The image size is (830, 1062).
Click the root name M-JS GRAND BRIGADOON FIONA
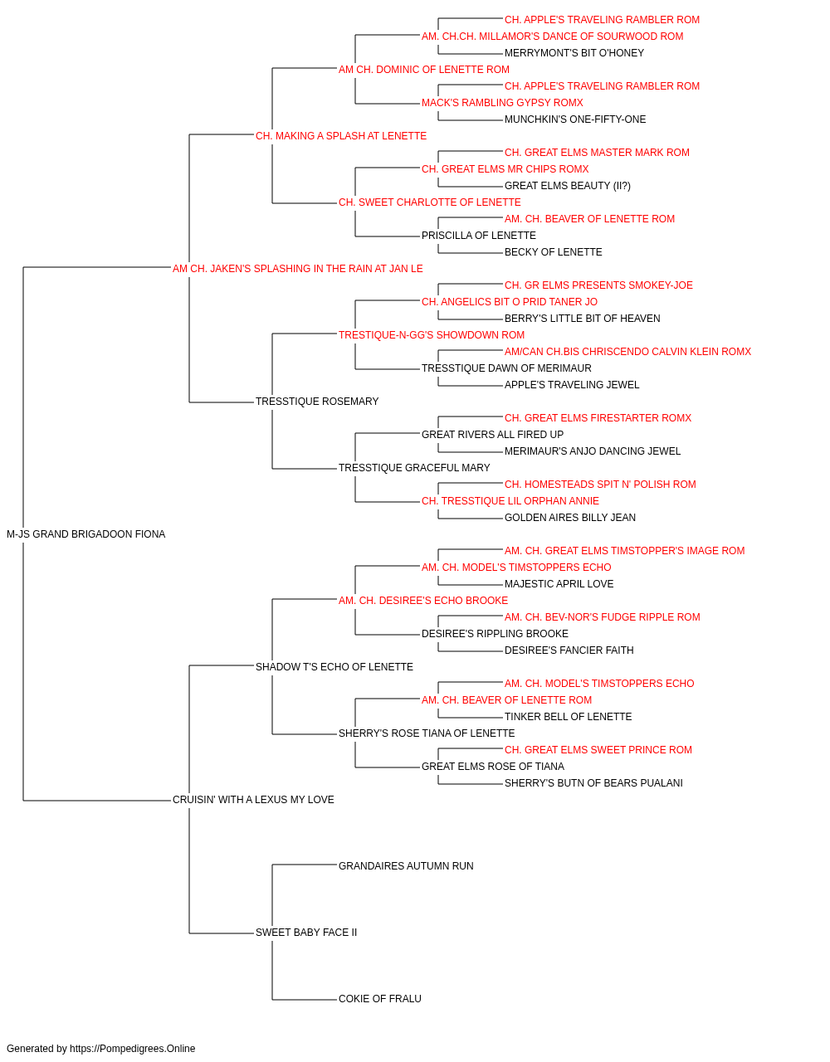(x=86, y=534)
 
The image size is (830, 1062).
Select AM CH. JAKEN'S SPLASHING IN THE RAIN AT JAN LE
(x=298, y=269)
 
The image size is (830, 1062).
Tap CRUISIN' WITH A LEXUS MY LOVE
(x=253, y=800)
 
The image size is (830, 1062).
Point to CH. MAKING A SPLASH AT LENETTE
(x=341, y=136)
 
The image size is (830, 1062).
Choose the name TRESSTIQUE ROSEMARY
(x=317, y=402)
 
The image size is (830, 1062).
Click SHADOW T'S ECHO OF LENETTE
(x=334, y=666)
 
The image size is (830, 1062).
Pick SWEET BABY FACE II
(x=306, y=932)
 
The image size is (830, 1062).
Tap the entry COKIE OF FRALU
(x=380, y=998)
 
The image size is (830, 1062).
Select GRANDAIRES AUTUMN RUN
(x=406, y=865)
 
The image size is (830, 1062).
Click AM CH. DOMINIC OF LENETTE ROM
(x=424, y=70)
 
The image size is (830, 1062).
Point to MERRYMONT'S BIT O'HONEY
(x=574, y=53)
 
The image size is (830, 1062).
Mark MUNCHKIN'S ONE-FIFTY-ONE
(x=575, y=119)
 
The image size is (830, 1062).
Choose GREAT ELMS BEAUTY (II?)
(x=568, y=186)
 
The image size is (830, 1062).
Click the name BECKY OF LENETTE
(x=554, y=252)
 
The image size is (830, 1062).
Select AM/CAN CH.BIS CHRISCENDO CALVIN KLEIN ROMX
(x=627, y=352)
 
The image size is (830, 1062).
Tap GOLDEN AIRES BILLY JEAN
(x=570, y=518)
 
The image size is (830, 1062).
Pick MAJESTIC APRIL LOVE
(x=559, y=584)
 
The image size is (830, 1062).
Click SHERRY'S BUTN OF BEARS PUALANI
(x=594, y=783)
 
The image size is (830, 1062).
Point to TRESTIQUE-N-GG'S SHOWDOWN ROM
(x=432, y=334)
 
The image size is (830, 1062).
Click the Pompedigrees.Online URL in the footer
(x=133, y=1049)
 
